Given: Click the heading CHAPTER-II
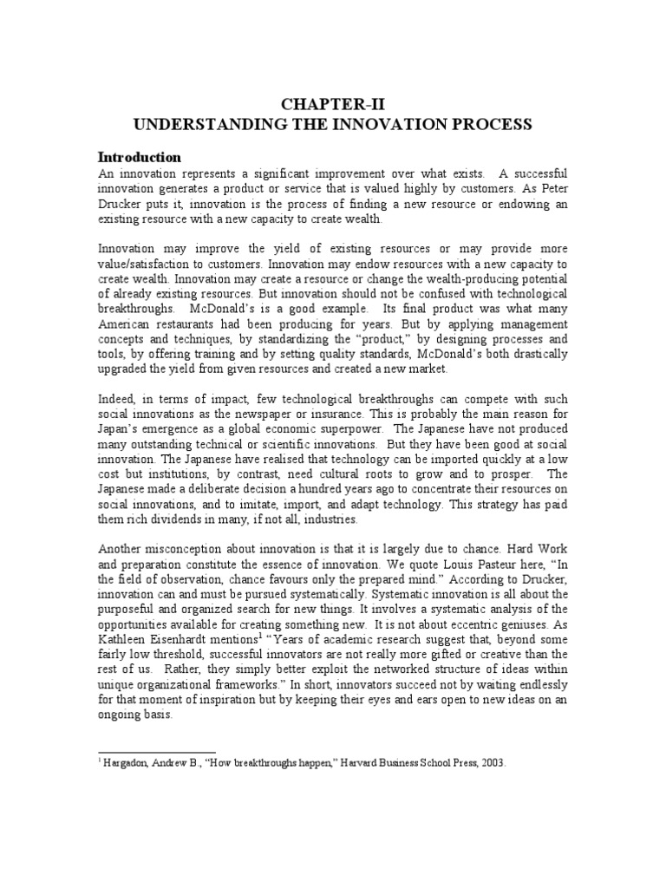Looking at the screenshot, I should (331, 106).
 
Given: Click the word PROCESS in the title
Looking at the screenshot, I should (492, 125).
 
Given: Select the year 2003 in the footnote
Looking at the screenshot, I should (490, 764).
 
